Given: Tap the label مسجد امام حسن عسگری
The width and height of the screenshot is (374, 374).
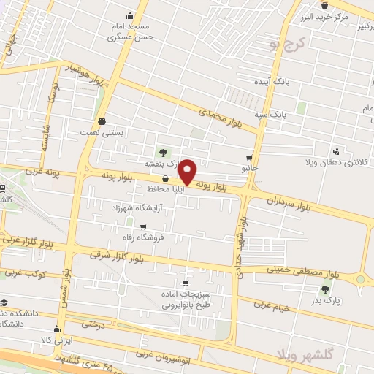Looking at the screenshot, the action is (x=131, y=30).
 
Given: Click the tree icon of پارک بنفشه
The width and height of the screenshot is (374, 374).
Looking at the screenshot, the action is (x=163, y=153).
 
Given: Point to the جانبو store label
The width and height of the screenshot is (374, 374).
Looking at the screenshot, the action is (x=251, y=168).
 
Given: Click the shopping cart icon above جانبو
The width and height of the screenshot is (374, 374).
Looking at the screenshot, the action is (x=251, y=157).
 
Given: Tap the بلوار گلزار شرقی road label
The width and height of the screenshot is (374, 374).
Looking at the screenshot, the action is (x=117, y=256).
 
